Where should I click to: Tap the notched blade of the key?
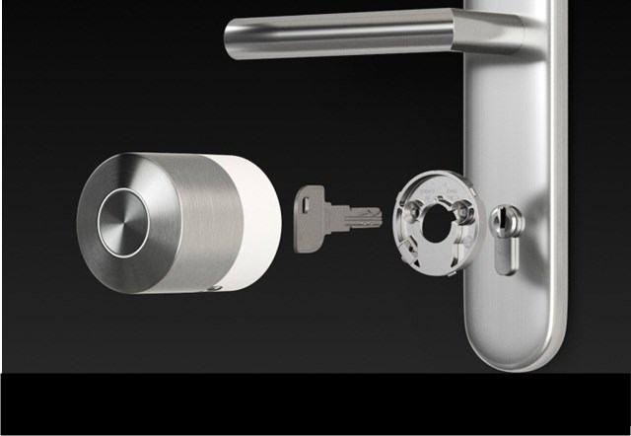[360, 215]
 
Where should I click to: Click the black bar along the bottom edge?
[315, 404]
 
